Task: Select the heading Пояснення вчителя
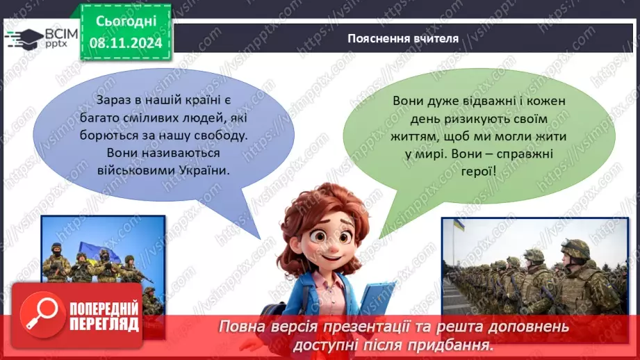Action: click(x=403, y=38)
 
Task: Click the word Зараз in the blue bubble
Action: click(x=105, y=101)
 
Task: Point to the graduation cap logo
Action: click(x=22, y=36)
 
